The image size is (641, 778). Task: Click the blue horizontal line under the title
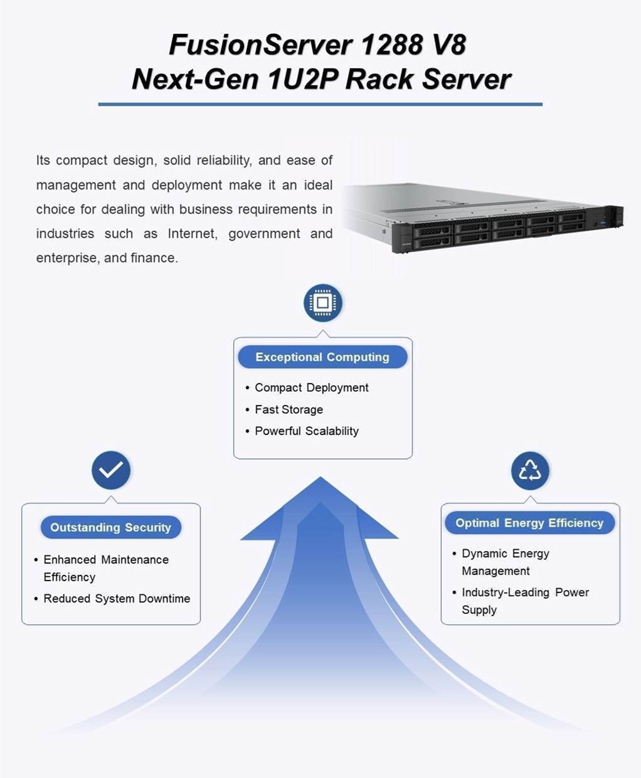pos(320,104)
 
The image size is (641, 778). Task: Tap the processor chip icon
pos(322,303)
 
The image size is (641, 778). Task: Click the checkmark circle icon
pos(111,470)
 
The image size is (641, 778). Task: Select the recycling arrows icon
pos(530,470)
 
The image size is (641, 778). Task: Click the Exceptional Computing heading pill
pos(322,357)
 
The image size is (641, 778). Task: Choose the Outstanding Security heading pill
pos(111,527)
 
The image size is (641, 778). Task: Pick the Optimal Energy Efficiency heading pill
pos(529,523)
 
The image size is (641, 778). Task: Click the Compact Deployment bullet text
pos(311,387)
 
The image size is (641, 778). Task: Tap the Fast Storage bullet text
pos(289,409)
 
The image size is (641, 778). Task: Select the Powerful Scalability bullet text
pos(306,431)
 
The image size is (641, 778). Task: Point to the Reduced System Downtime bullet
pos(117,599)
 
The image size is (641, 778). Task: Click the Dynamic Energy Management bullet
pos(505,562)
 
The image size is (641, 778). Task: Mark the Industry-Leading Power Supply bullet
pos(525,601)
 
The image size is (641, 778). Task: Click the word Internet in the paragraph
pos(192,234)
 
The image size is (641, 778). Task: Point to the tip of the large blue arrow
pos(320,479)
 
